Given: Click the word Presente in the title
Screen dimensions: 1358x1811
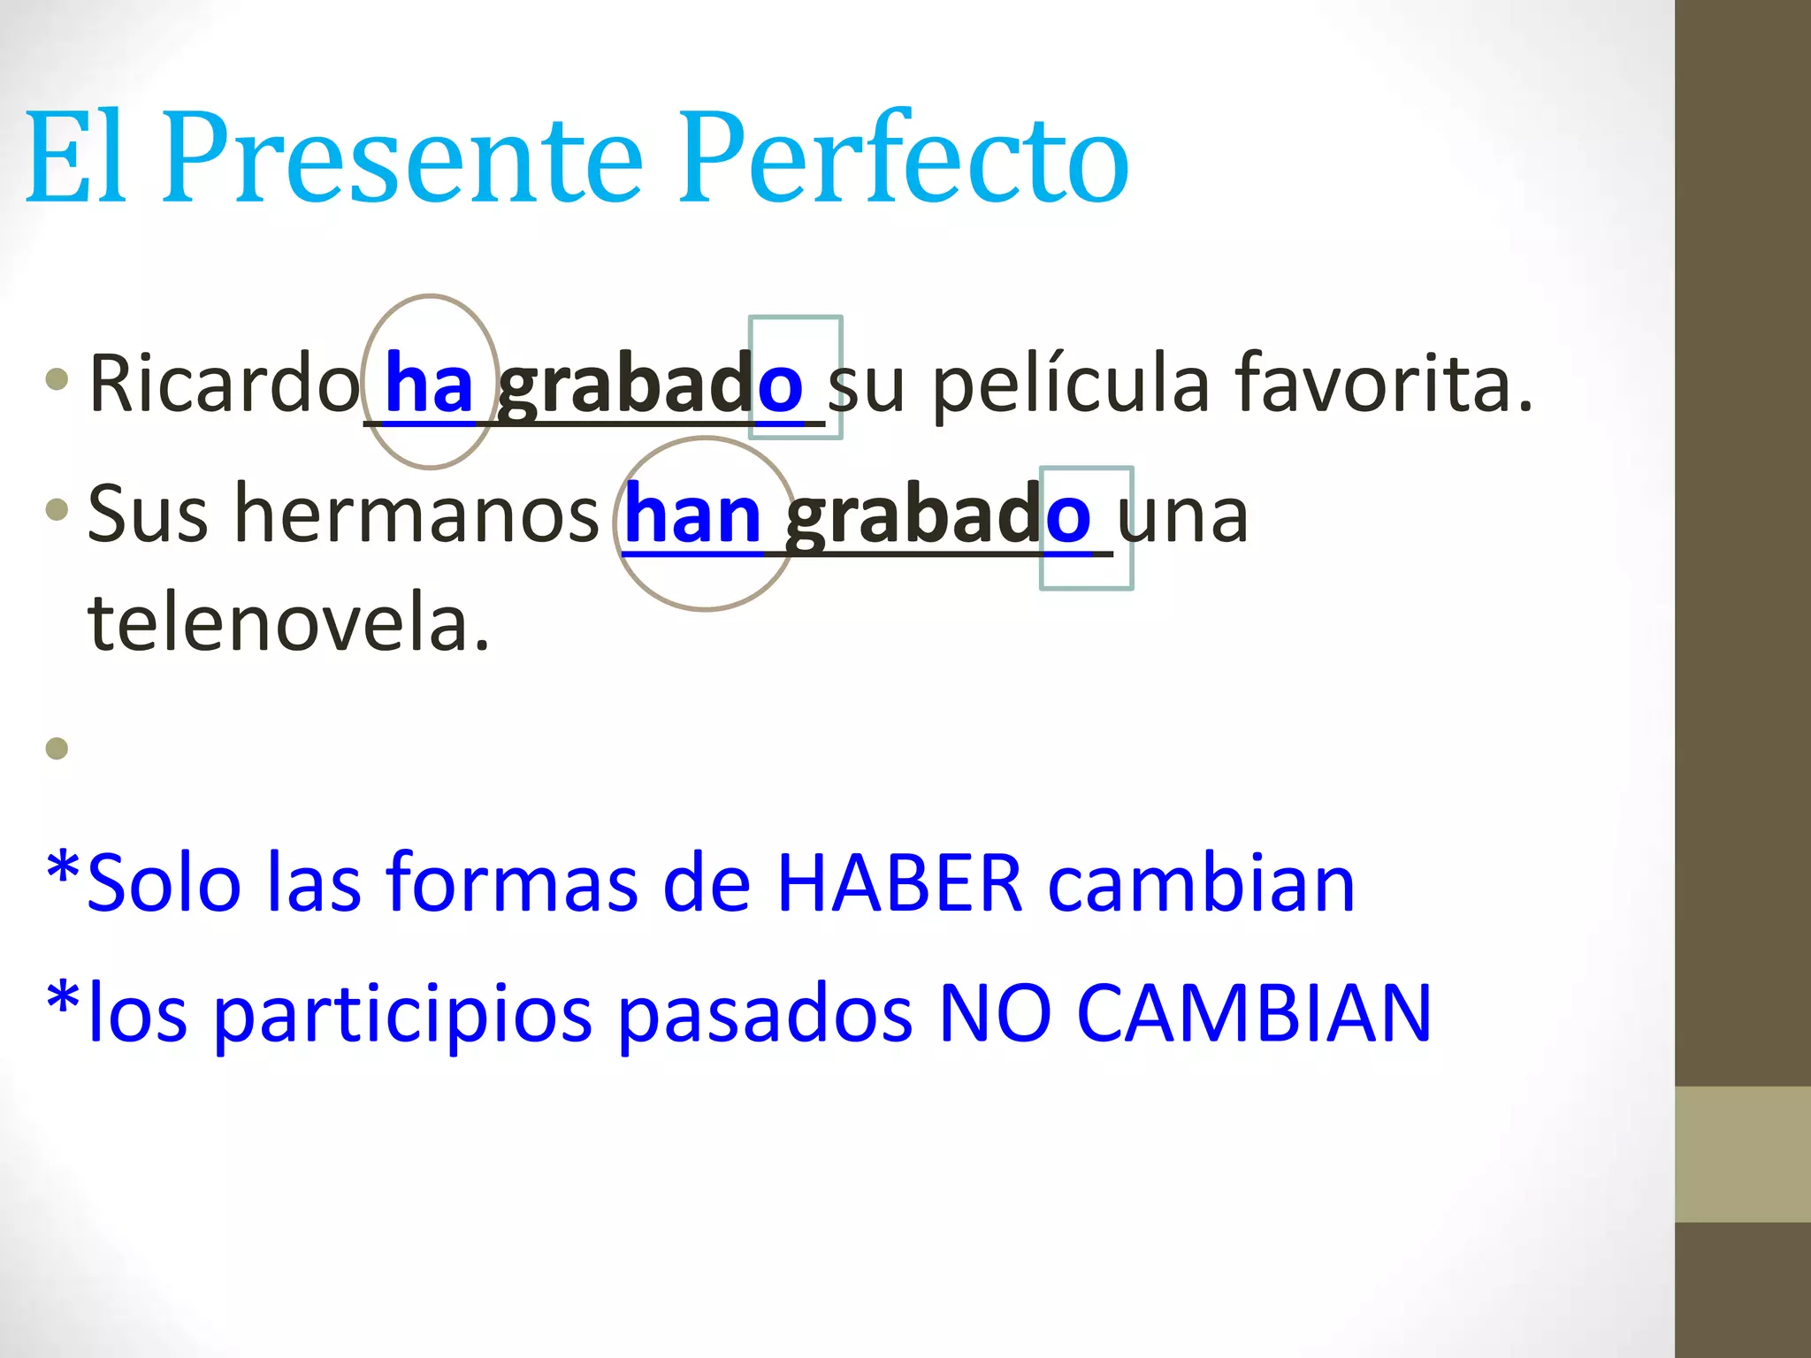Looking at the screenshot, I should pos(402,159).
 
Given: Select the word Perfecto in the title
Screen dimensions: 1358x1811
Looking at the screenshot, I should pos(904,159).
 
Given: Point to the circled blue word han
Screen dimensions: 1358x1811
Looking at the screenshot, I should pos(692,516).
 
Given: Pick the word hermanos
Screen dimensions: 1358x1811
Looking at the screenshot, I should pos(417,515).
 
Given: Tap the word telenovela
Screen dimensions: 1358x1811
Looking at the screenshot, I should pos(288,623).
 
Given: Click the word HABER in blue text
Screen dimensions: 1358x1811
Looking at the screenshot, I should pos(900,884).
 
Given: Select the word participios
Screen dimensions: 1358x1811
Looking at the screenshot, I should pos(402,1015).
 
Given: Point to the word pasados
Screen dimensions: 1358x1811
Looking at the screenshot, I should pos(765,1015).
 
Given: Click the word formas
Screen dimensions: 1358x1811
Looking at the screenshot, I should pos(513,884).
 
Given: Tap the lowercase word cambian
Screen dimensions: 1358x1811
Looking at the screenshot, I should pos(1201,884).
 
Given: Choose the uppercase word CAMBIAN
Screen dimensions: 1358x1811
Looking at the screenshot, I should pos(1254,1015).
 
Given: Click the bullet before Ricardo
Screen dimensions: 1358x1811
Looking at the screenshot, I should pos(57,380).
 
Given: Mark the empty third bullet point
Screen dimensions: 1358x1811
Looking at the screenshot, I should pos(57,749).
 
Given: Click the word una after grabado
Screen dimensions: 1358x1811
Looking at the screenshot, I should pos(1183,516).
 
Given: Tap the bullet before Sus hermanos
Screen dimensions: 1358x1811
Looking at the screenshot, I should pos(57,509).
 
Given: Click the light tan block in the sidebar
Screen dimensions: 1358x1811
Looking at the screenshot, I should pos(1743,1154).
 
